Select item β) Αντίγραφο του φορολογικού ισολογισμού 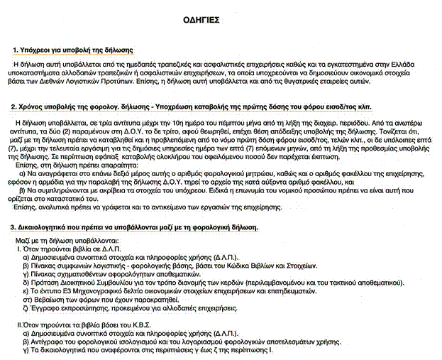[x=184, y=342]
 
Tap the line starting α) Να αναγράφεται [x=213, y=171]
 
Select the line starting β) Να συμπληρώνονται [x=213, y=192]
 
